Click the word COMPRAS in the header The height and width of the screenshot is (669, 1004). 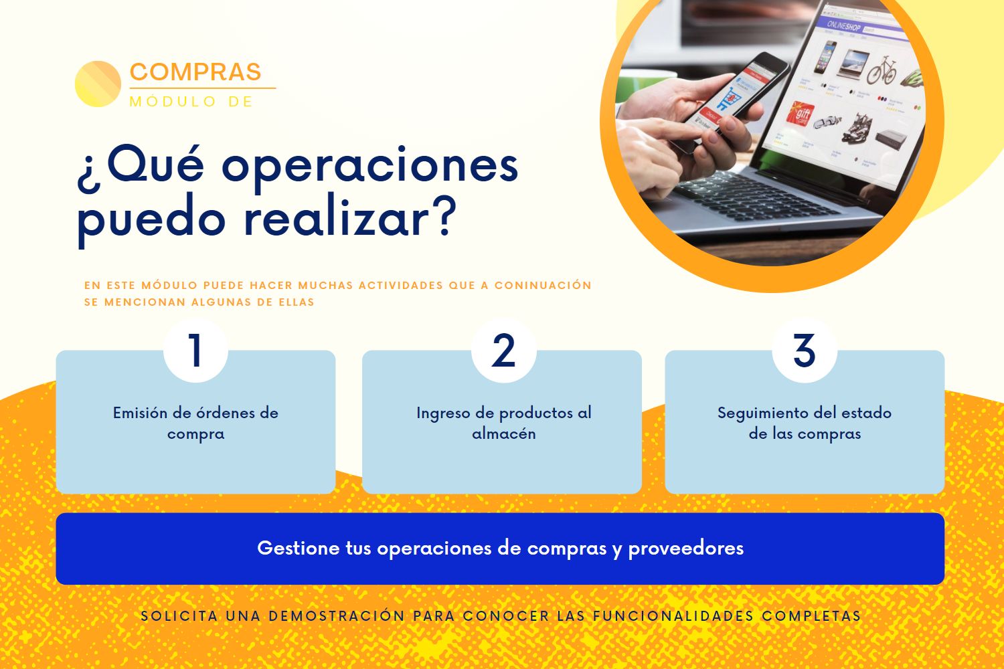click(x=195, y=72)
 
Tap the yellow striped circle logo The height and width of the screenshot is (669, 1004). click(x=98, y=84)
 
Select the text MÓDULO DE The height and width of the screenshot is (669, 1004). click(x=191, y=102)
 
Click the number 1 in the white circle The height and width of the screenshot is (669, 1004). click(x=195, y=351)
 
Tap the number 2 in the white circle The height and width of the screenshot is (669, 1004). click(x=503, y=351)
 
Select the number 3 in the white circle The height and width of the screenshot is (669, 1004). click(x=805, y=351)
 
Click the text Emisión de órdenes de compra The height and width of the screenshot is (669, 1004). click(x=195, y=423)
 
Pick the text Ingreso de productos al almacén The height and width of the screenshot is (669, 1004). click(x=504, y=423)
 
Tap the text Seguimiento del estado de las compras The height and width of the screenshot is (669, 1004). click(x=805, y=423)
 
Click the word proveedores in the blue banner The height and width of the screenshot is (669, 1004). click(x=686, y=549)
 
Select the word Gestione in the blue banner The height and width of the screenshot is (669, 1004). click(x=298, y=548)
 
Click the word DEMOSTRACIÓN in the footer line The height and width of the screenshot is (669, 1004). click(x=337, y=616)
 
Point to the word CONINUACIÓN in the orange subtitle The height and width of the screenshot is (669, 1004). click(x=543, y=285)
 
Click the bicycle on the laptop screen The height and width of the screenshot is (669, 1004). click(x=882, y=70)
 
